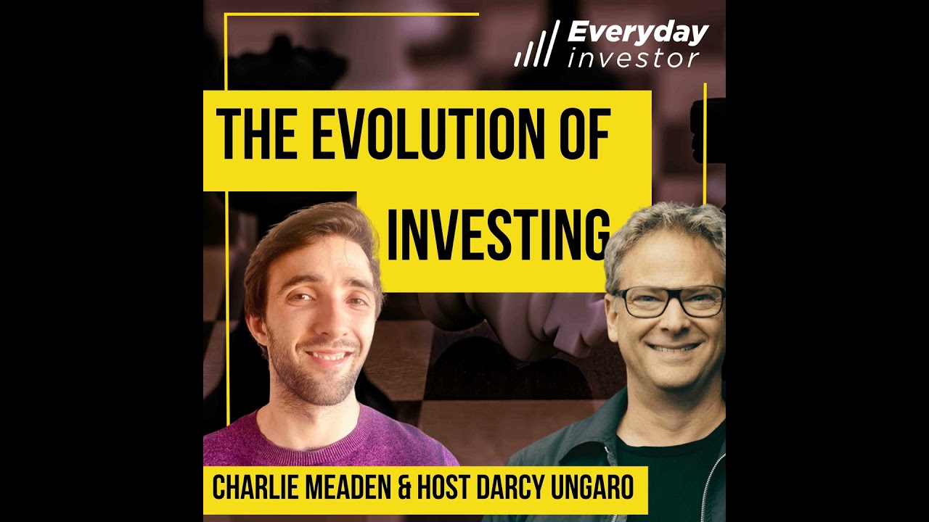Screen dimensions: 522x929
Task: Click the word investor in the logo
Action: pos(633,58)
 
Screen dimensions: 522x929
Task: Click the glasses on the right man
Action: pos(668,301)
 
